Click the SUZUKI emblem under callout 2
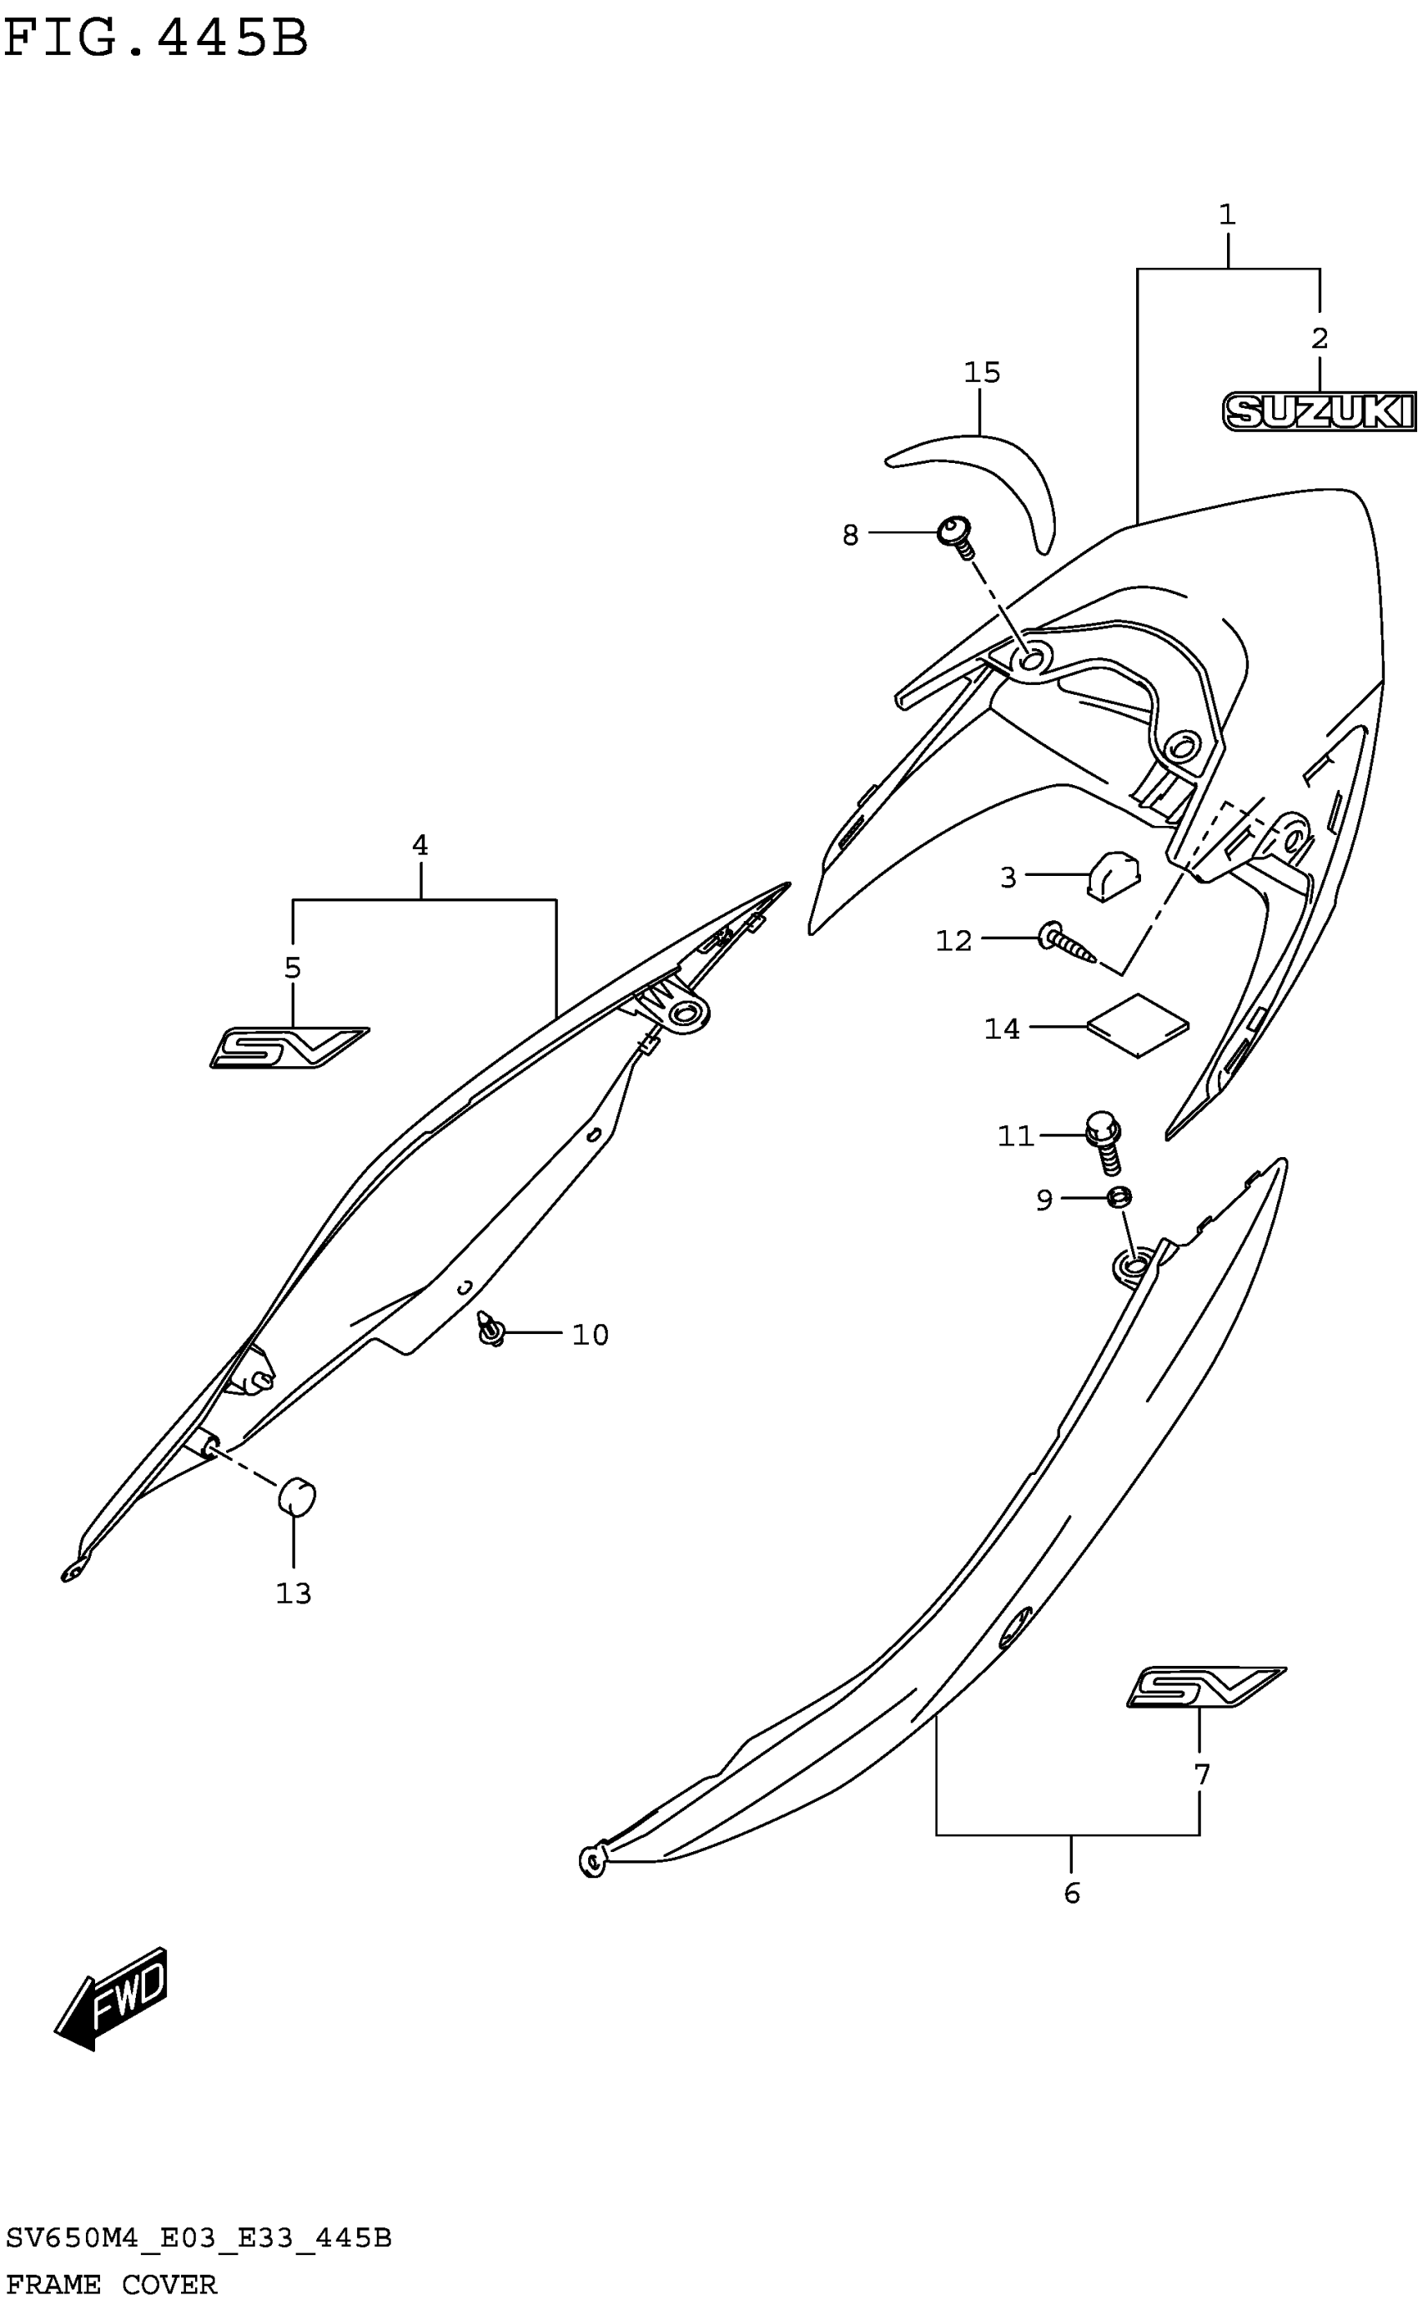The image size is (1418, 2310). coord(1319,412)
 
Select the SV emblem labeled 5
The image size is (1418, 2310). coord(288,1048)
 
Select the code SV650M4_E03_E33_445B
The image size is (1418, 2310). coord(198,2239)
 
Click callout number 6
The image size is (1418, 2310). coord(1072,1893)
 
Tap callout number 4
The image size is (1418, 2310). coord(420,845)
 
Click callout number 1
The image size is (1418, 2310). coord(1227,214)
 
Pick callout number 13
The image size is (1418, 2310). coord(294,1593)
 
